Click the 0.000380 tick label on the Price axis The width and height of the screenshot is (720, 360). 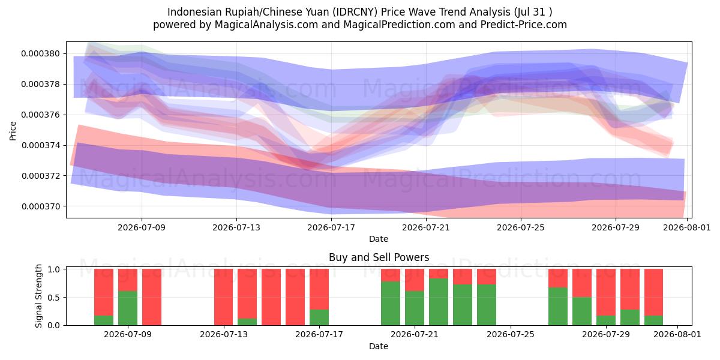pyautogui.click(x=41, y=53)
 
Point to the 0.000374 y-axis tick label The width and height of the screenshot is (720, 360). pyautogui.click(x=41, y=145)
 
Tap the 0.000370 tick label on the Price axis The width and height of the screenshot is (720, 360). pyautogui.click(x=41, y=206)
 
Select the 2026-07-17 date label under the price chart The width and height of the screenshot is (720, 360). pyautogui.click(x=331, y=227)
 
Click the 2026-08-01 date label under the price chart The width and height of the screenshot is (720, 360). pyautogui.click(x=687, y=227)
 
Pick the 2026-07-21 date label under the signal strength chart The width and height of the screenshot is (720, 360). pyautogui.click(x=415, y=335)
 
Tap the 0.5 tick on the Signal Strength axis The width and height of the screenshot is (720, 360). pyautogui.click(x=55, y=298)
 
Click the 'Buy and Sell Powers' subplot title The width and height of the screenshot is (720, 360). pyautogui.click(x=379, y=257)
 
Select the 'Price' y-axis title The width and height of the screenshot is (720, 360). pyautogui.click(x=13, y=131)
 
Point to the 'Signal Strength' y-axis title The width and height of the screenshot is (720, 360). pyautogui.click(x=38, y=296)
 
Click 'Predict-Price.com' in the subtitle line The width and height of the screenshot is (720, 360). pyautogui.click(x=524, y=25)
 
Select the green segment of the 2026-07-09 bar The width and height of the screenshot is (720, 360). pyautogui.click(x=128, y=308)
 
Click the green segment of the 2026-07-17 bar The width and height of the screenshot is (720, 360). pyautogui.click(x=319, y=317)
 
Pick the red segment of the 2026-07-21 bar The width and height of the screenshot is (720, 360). pyautogui.click(x=415, y=280)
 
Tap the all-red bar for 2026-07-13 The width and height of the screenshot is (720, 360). pyautogui.click(x=223, y=297)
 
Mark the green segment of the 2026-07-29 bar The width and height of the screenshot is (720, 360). pyautogui.click(x=606, y=320)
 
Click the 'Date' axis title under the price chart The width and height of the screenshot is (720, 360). pyautogui.click(x=379, y=239)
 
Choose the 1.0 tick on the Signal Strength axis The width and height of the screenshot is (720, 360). pyautogui.click(x=55, y=269)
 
